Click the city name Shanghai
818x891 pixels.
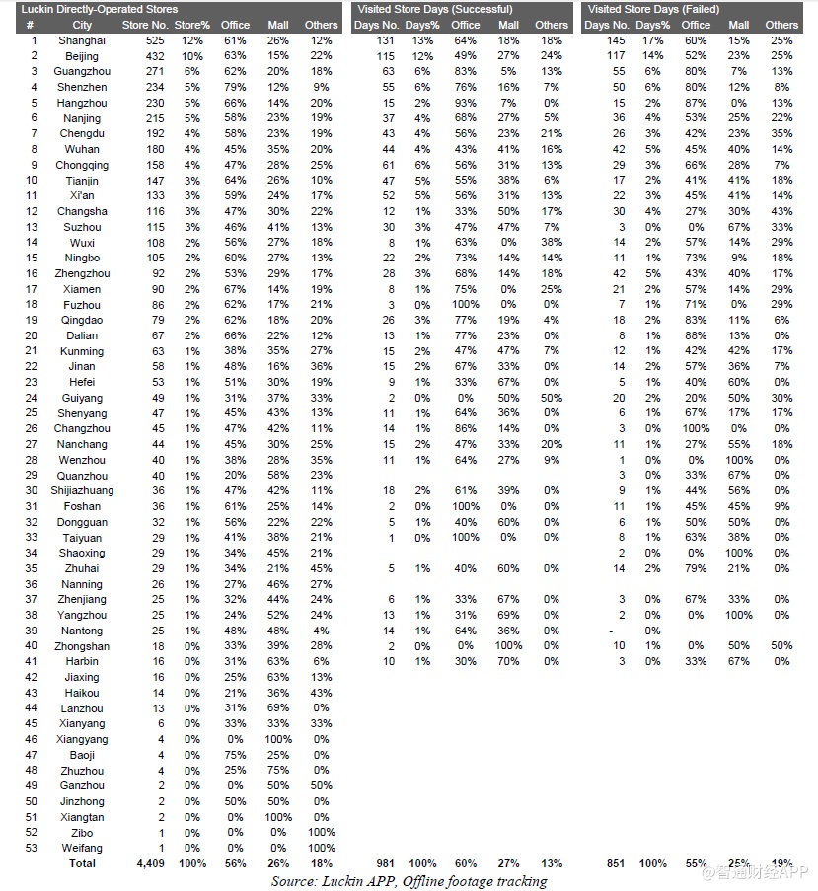click(x=83, y=40)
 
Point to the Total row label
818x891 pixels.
click(x=83, y=863)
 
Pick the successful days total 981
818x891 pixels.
click(x=384, y=863)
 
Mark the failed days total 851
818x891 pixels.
click(x=614, y=863)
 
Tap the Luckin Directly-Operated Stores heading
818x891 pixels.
click(x=100, y=9)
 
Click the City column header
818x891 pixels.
click(x=83, y=25)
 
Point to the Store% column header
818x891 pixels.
click(x=191, y=25)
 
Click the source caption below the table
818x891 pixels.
click(x=409, y=880)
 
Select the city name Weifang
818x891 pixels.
click(x=83, y=848)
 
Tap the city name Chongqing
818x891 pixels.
click(x=83, y=165)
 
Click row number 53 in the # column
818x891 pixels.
click(x=33, y=848)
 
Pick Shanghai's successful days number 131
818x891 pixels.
click(x=384, y=40)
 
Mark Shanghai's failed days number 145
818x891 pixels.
click(x=617, y=40)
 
